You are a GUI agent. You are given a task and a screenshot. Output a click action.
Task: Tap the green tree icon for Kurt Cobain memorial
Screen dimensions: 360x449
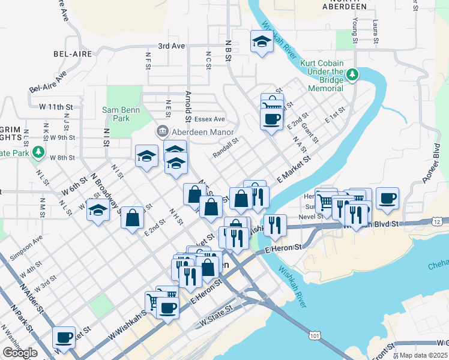click(x=354, y=74)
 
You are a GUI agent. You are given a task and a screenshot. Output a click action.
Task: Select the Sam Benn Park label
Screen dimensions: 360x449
click(x=116, y=114)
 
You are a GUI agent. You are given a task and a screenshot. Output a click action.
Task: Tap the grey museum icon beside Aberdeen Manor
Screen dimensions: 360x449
click(x=162, y=131)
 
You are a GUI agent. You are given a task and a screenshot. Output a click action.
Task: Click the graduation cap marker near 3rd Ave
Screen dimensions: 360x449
click(x=261, y=41)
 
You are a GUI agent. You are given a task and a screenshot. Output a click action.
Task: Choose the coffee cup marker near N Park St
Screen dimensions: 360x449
click(x=64, y=337)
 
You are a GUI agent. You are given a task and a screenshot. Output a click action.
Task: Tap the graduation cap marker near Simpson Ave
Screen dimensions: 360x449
click(x=98, y=211)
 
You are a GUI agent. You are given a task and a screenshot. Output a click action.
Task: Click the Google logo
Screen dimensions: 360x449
click(x=20, y=353)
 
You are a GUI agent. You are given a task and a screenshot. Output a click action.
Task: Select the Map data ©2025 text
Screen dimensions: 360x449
click(x=423, y=355)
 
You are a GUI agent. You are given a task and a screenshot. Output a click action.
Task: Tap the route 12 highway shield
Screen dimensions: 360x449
click(x=437, y=222)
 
